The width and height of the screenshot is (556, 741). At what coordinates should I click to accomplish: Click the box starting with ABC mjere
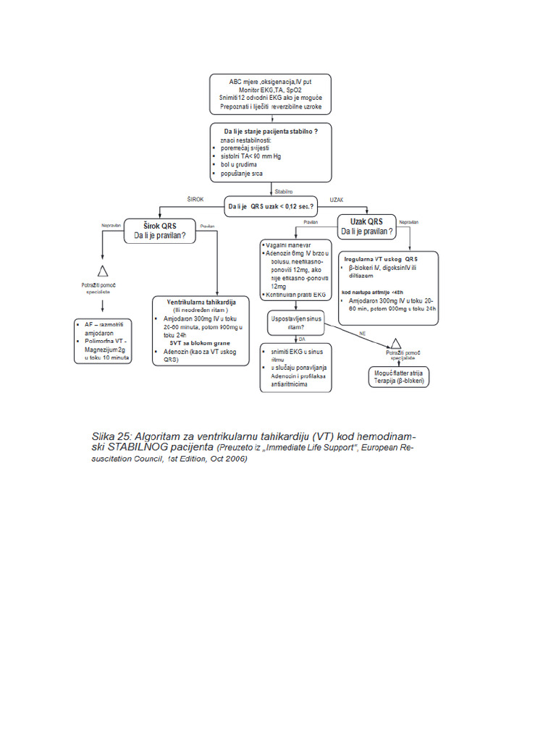tap(271, 95)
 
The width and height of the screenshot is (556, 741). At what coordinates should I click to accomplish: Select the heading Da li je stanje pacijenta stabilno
tap(271, 130)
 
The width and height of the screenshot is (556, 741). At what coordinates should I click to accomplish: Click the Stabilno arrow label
tap(283, 191)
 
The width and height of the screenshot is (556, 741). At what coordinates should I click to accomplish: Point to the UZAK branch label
tap(337, 198)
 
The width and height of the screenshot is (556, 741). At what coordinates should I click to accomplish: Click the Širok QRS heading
tap(159, 225)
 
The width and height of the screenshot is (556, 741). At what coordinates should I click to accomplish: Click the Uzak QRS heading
tap(366, 221)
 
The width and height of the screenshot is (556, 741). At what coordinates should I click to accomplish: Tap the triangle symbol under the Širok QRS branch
tap(103, 271)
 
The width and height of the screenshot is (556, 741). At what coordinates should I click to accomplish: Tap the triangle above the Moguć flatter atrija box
tap(396, 343)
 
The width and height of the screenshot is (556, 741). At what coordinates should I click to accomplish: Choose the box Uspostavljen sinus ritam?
tap(295, 322)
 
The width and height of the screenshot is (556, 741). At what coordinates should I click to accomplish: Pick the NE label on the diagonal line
tap(362, 332)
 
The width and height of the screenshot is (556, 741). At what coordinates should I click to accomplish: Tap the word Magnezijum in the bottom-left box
tap(102, 349)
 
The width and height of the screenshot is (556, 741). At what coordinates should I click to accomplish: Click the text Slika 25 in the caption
tap(109, 436)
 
